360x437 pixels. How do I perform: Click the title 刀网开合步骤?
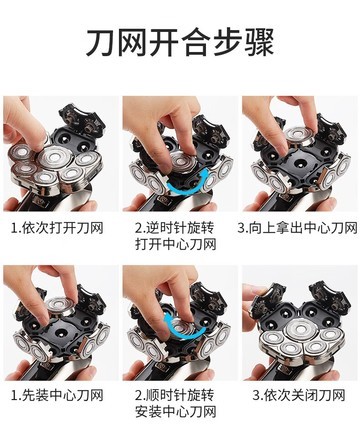(180, 42)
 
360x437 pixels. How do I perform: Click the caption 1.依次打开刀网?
(57, 228)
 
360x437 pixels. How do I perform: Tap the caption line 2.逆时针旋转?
(175, 228)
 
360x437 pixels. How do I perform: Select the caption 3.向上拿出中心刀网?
(297, 228)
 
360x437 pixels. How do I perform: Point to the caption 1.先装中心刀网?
(57, 396)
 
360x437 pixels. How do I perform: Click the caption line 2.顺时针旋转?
(175, 396)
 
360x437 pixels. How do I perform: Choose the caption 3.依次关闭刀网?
(299, 396)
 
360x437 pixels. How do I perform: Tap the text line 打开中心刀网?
(176, 245)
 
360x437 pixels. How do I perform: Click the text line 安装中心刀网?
(176, 412)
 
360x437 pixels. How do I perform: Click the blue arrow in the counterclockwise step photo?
(187, 189)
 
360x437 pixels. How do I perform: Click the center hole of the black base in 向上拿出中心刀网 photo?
(298, 164)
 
